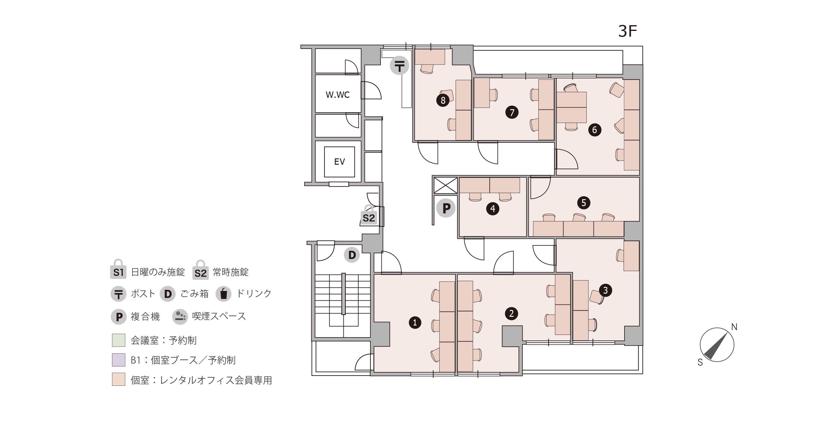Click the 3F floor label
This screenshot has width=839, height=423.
[x=627, y=31]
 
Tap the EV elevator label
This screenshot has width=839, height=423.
[x=339, y=162]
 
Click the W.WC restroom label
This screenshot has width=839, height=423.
[x=338, y=95]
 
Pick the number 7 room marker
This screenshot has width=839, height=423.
[x=512, y=112]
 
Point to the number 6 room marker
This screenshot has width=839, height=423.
[x=595, y=130]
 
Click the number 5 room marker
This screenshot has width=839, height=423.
[x=584, y=203]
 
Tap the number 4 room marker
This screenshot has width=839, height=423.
[x=492, y=208]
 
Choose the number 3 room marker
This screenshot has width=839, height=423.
[x=606, y=290]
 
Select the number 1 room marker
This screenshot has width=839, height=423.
[x=415, y=322]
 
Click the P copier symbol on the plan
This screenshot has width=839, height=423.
[x=446, y=208]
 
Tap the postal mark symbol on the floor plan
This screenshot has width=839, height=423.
[x=400, y=65]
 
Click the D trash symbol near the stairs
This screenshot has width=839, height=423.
[x=352, y=255]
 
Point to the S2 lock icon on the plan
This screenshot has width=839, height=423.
[x=369, y=215]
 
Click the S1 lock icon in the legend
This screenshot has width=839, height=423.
[x=118, y=269]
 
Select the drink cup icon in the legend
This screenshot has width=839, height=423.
[x=223, y=293]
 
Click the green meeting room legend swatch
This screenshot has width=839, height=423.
[x=119, y=340]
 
